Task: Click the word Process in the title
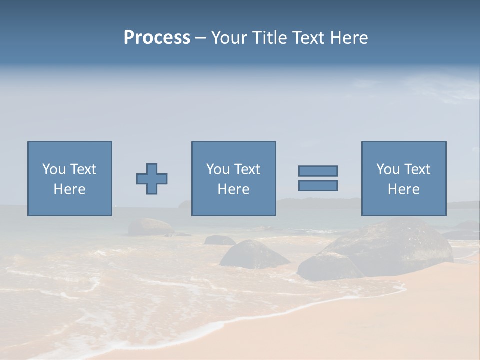157,38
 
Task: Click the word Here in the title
349,38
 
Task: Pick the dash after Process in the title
200,38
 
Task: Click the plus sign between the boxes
152,179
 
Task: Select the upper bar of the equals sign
318,171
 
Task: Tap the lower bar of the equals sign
318,186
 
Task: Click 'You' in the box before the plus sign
54,169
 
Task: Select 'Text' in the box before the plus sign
82,169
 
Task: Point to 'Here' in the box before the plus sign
69,189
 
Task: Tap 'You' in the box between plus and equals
218,169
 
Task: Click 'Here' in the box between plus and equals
233,189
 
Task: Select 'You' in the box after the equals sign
388,169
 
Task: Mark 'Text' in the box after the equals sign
416,169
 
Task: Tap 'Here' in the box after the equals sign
403,189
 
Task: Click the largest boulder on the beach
395,247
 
